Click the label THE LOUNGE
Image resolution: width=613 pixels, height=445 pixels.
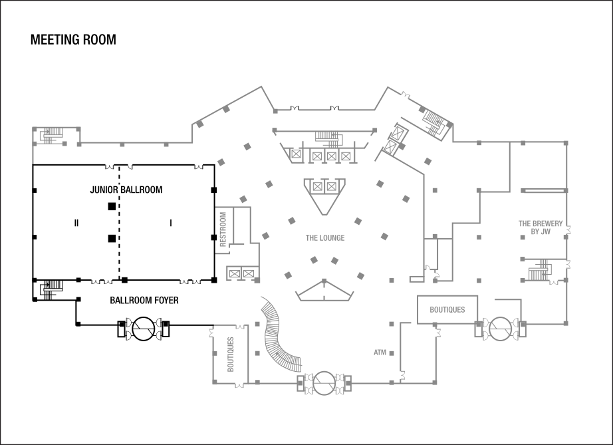tap(324, 237)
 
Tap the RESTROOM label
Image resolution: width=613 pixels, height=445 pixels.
tap(223, 229)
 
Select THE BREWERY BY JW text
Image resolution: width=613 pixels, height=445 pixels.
tap(541, 227)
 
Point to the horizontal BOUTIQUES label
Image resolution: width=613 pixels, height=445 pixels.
tap(447, 310)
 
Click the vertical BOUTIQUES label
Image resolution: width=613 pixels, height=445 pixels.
tap(231, 353)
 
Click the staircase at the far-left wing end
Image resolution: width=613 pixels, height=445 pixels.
tap(51, 135)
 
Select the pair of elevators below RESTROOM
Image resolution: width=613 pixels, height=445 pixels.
tap(241, 273)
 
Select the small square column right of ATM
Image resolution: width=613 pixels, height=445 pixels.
tap(392, 353)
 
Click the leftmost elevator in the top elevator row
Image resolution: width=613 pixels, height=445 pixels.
tap(295, 154)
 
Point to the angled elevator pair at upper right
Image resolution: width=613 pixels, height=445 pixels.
tap(395, 140)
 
